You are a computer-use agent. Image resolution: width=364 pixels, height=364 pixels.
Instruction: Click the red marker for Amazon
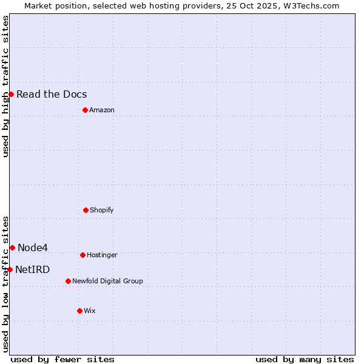tap(85, 110)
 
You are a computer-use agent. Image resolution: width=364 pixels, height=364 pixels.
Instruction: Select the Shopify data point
tap(86, 210)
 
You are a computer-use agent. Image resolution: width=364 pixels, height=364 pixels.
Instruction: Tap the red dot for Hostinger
tap(83, 255)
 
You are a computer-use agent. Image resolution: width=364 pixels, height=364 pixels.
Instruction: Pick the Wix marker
tap(79, 311)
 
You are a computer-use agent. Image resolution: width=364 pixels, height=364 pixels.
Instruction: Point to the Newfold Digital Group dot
tap(68, 281)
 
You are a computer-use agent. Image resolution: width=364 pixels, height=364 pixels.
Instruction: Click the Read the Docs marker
tap(11, 94)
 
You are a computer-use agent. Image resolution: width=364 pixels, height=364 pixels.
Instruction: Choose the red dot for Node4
tap(12, 248)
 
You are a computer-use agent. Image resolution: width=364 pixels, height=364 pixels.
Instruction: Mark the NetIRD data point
tap(10, 269)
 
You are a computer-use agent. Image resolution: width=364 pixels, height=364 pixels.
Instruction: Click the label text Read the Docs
tap(52, 94)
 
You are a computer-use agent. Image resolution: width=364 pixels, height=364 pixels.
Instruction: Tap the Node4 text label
tap(33, 248)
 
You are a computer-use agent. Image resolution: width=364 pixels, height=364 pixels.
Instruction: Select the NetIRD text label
tap(33, 269)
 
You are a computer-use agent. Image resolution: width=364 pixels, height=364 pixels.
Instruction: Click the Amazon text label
tap(102, 110)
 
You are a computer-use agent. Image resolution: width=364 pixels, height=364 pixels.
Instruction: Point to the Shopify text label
tap(102, 210)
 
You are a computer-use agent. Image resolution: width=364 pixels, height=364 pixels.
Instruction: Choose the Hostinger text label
tap(102, 255)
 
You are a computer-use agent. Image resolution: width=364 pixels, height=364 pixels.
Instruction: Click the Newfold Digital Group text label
tap(107, 281)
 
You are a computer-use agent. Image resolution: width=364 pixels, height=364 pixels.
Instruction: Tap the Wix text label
tap(90, 311)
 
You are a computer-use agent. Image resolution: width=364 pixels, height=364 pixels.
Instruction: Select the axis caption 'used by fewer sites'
tap(62, 359)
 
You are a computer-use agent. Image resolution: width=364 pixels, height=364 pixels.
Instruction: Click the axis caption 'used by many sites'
tap(305, 359)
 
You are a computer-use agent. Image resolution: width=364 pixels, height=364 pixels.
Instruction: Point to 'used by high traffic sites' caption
tap(5, 86)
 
